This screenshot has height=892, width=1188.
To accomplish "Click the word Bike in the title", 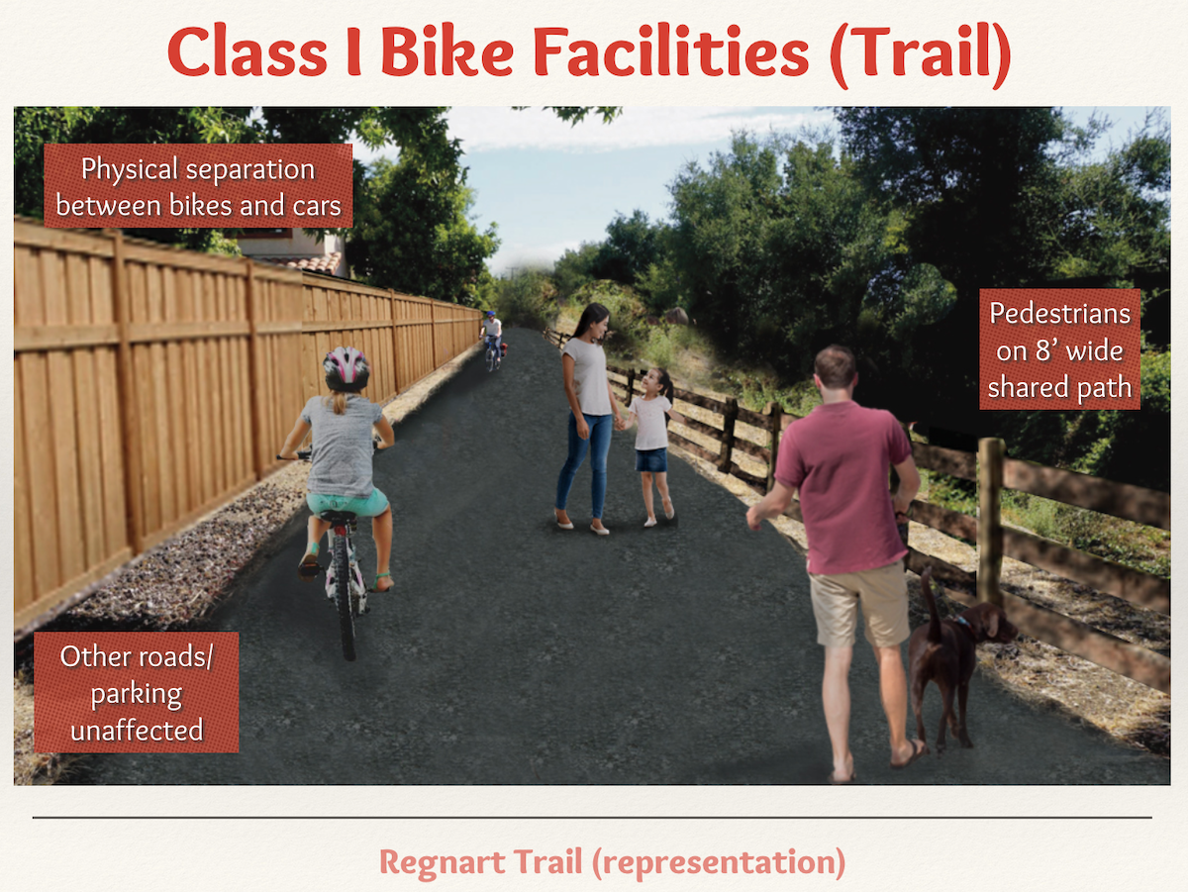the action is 447,50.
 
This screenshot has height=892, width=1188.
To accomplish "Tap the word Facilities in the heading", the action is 671,50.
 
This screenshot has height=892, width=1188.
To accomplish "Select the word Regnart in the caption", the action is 443,861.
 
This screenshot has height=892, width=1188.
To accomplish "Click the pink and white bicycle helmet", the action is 346,368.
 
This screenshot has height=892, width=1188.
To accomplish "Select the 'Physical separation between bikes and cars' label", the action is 198,186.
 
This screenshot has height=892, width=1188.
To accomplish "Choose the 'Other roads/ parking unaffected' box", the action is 137,692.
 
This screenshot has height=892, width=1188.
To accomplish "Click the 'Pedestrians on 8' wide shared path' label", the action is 1059,349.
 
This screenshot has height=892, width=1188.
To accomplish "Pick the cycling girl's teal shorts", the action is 347,503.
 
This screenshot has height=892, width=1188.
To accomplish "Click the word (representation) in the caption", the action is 719,862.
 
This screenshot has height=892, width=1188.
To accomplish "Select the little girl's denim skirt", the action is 651,460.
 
